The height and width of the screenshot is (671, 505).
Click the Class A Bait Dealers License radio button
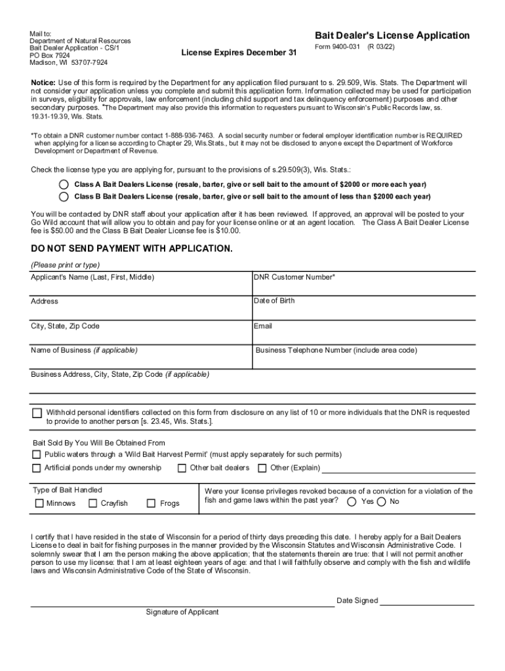[x=64, y=184]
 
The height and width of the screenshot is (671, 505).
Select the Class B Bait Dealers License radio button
[x=64, y=196]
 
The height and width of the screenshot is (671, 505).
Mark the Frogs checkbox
[x=151, y=503]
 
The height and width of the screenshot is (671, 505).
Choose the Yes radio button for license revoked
[x=352, y=502]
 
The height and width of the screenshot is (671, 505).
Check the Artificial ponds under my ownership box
[x=37, y=468]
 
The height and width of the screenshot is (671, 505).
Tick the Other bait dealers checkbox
[x=182, y=468]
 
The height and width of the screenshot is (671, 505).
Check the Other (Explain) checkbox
[x=262, y=468]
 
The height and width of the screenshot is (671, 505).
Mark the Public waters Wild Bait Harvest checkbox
[x=37, y=455]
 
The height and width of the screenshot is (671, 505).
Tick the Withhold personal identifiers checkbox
[x=37, y=413]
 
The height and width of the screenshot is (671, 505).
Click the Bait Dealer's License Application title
[x=392, y=35]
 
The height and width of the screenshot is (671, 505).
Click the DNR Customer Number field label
[x=294, y=277]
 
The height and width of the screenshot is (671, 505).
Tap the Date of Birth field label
[x=274, y=301]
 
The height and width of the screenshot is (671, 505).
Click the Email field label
[x=263, y=326]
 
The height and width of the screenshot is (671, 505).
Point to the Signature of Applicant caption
[x=182, y=612]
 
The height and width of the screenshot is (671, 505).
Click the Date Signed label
[x=357, y=600]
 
